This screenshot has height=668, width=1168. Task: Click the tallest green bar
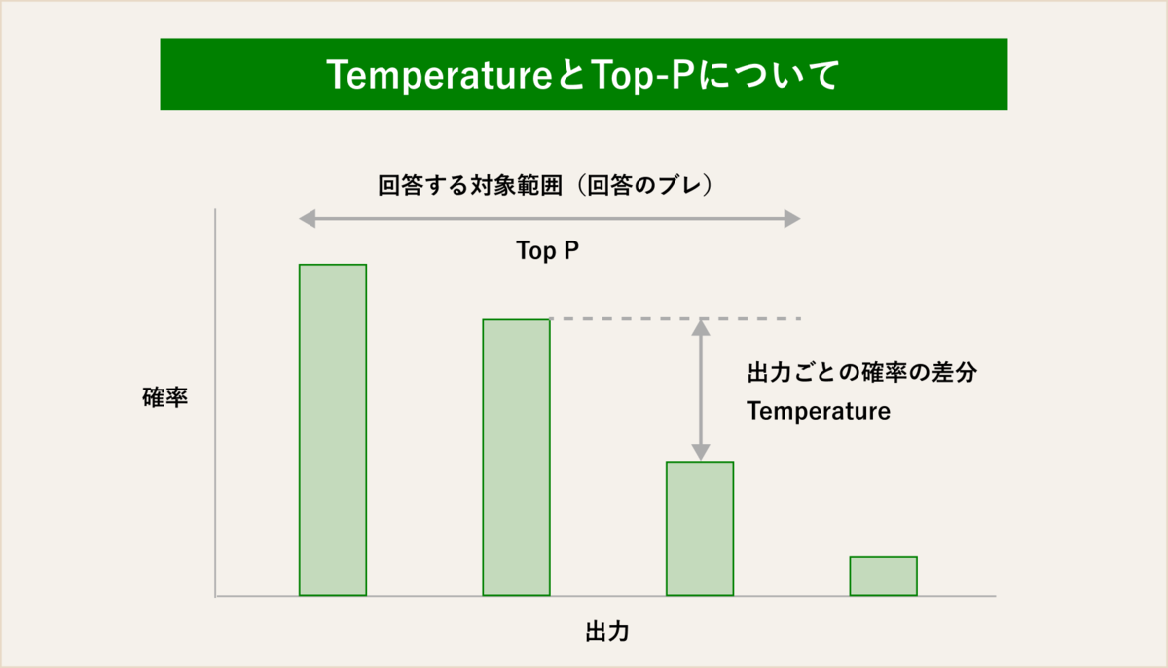333,429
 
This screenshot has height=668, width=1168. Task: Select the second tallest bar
516,458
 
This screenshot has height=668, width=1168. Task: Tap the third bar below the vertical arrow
700,528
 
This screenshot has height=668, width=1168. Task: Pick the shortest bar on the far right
884,576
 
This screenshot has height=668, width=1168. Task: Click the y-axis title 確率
164,397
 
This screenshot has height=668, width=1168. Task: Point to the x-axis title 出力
607,632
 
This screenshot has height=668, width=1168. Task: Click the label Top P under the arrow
547,251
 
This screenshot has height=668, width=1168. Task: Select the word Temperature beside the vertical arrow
819,411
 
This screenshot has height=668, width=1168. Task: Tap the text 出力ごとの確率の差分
862,372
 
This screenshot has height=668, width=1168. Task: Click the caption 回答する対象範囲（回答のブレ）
545,186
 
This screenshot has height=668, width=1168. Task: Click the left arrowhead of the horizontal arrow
308,219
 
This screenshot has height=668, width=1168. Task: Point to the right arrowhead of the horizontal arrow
792,219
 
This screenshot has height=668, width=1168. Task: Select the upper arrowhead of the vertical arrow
700,328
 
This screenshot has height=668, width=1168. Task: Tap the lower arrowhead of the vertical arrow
700,452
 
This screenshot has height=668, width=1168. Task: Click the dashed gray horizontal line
675,318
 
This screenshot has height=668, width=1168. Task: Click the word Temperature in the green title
439,75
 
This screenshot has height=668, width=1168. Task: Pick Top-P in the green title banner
643,75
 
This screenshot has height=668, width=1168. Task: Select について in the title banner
769,75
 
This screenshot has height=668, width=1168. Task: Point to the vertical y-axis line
215,402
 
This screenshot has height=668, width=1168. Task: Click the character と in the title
572,75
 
